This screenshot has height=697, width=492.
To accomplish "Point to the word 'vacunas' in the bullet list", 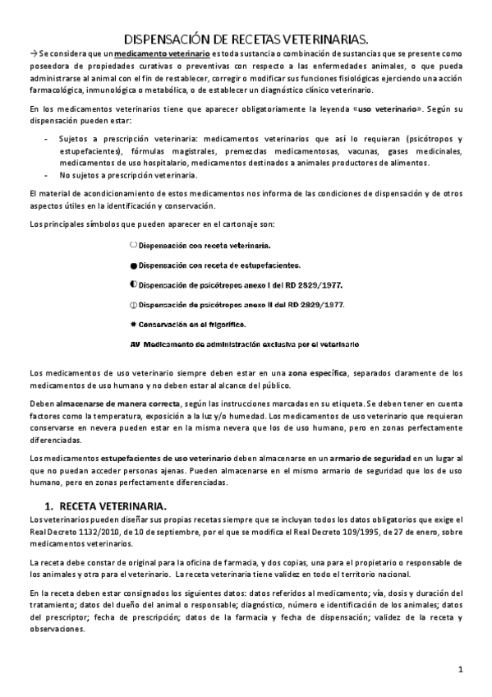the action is click(348, 151).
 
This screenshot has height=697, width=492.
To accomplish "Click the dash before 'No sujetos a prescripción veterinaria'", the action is click(45, 175).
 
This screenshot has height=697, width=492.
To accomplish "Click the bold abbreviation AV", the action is click(136, 344).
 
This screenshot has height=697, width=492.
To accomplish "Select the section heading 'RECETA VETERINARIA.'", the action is click(113, 505).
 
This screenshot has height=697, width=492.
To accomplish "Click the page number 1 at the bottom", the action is click(462, 670).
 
